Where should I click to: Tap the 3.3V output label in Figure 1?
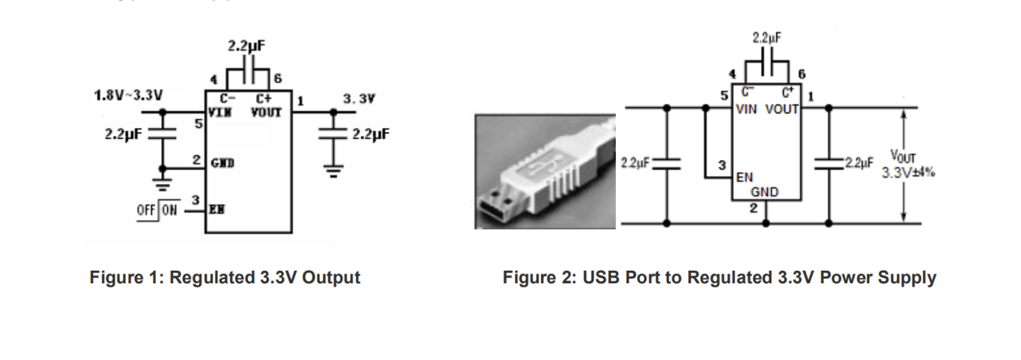(x=359, y=99)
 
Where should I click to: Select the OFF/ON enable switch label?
(x=157, y=210)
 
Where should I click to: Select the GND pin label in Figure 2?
(x=764, y=193)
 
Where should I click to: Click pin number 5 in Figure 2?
(x=725, y=96)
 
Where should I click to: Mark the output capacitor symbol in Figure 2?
(x=829, y=164)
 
